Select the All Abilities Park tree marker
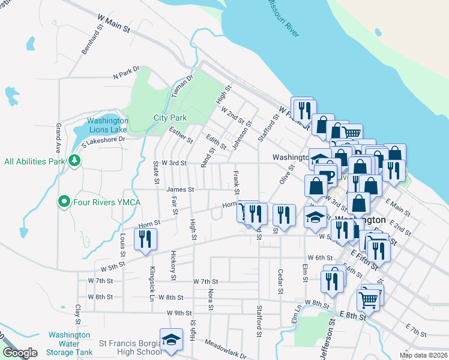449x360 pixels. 73,161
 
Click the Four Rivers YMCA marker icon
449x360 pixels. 63,202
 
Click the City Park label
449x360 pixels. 170,118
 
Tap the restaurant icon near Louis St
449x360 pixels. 145,239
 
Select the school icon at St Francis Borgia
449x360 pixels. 171,340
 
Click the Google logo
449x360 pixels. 20,353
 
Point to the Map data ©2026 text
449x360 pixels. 423,355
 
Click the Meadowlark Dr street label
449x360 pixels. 226,347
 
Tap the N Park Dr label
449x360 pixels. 126,73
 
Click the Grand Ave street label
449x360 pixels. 58,138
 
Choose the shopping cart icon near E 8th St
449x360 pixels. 368,298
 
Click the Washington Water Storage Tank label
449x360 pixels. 70,344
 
